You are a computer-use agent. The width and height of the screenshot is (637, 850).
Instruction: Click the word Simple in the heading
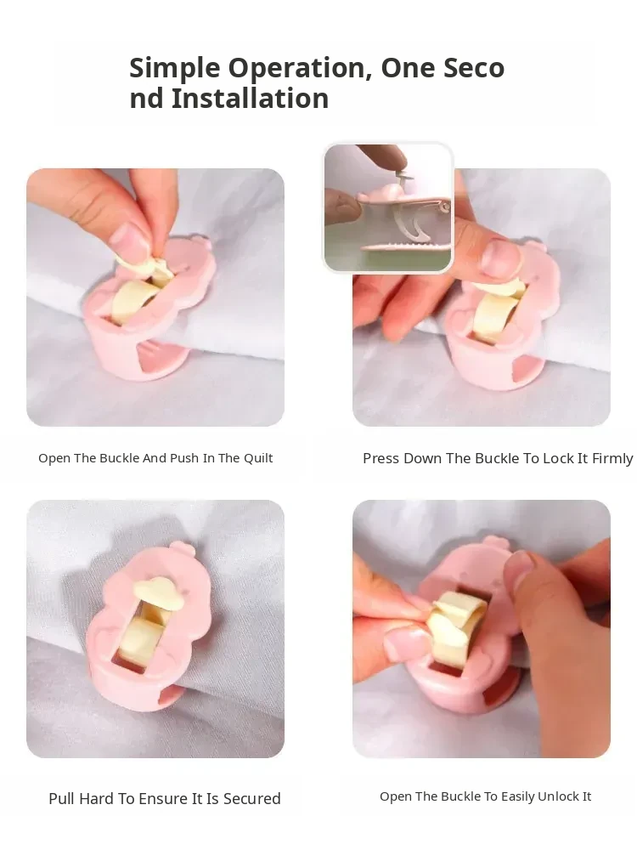click(174, 69)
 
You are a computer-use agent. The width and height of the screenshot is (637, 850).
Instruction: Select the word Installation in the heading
click(251, 99)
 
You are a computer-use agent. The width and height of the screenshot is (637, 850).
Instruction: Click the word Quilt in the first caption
click(258, 459)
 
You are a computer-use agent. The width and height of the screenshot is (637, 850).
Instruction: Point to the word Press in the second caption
click(381, 459)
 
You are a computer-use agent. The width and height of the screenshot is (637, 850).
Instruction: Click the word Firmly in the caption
click(612, 459)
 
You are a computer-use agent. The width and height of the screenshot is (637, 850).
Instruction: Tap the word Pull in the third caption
click(62, 798)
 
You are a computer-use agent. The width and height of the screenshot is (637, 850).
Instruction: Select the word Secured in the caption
click(252, 798)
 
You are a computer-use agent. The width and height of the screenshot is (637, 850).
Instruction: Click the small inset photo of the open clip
click(388, 207)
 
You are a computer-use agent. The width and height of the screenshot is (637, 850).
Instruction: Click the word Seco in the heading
click(474, 69)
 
